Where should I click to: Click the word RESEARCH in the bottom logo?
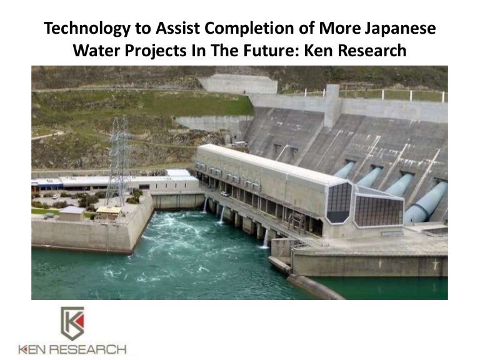(x=88, y=349)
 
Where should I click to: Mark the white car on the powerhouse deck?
(x=225, y=193)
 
